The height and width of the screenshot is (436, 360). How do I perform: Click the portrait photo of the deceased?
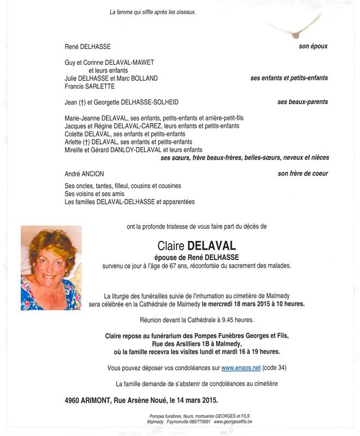tap(51, 268)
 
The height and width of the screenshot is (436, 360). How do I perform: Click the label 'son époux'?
tap(313, 47)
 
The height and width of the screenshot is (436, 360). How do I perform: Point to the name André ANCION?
tap(84, 174)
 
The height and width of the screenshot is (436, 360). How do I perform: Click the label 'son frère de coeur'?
tap(303, 174)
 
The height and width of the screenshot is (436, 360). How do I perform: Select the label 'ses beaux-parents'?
tap(303, 102)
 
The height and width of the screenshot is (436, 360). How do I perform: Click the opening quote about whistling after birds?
tap(152, 12)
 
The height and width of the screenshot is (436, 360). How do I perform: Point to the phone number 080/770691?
tap(199, 422)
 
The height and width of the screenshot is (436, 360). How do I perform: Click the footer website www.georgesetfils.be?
tap(233, 422)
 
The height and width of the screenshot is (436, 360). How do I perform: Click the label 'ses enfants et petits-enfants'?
tap(289, 78)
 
